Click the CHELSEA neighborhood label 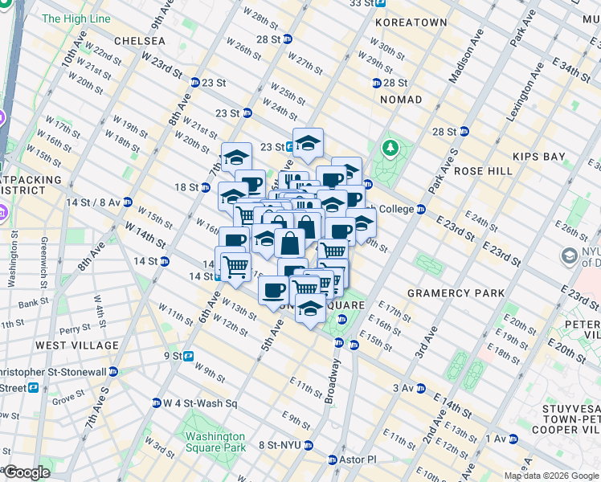pyautogui.click(x=140, y=40)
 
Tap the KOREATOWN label pyautogui.click(x=411, y=22)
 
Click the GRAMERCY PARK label pyautogui.click(x=456, y=293)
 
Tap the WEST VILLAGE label pyautogui.click(x=77, y=345)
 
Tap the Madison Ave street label pyautogui.click(x=467, y=57)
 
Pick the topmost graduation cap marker pyautogui.click(x=308, y=143)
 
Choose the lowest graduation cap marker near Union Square pyautogui.click(x=310, y=308)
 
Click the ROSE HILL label pyautogui.click(x=483, y=171)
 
